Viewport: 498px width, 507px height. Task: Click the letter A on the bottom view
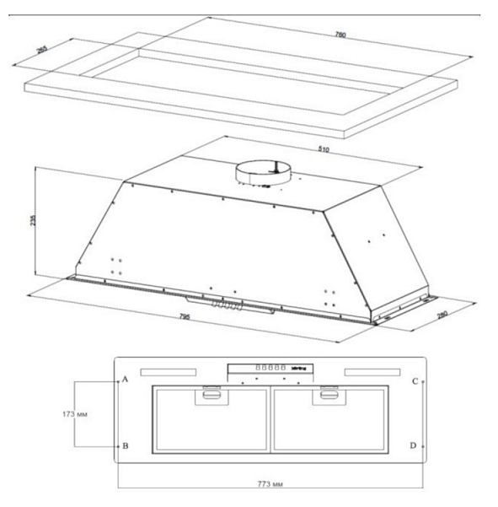point(126,380)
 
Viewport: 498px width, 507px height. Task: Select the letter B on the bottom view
point(126,445)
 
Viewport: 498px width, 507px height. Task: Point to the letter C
point(414,381)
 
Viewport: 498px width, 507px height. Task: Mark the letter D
point(414,445)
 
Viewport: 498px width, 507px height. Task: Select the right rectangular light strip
point(371,372)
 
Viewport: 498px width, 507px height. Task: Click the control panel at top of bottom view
point(270,368)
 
